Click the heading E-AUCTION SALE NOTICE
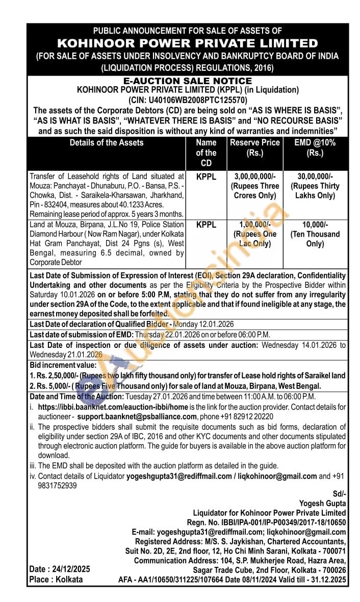point(188,81)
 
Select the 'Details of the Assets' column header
point(107,143)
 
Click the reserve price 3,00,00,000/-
point(255,177)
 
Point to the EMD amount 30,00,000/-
point(315,177)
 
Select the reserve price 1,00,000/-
point(255,224)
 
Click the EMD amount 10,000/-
point(315,224)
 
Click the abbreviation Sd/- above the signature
point(339,494)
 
